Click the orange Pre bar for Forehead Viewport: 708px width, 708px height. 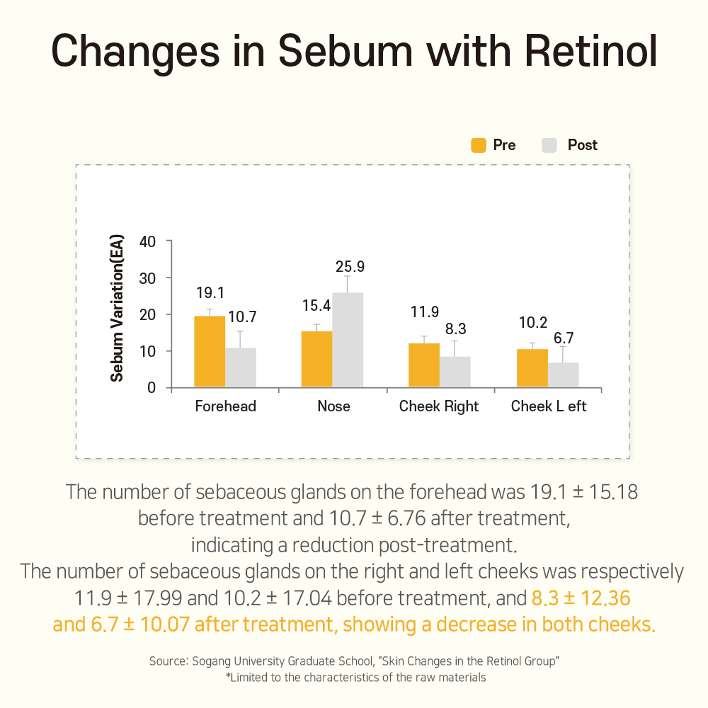point(210,352)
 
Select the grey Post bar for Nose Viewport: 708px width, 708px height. point(348,341)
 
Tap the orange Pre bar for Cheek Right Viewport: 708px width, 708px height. point(423,365)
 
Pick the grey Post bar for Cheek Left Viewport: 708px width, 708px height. point(564,375)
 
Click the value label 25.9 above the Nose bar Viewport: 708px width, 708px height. point(350,267)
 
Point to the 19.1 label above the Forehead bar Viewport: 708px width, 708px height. point(210,292)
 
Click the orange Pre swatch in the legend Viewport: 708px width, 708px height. point(479,145)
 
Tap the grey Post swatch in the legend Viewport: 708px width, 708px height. point(550,145)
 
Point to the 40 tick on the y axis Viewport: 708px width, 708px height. point(147,241)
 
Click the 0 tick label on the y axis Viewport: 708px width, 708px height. point(152,388)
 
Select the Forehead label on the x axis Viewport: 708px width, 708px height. point(225,406)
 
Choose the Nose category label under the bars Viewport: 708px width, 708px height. point(333,406)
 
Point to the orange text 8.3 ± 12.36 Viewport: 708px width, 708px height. point(581,599)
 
